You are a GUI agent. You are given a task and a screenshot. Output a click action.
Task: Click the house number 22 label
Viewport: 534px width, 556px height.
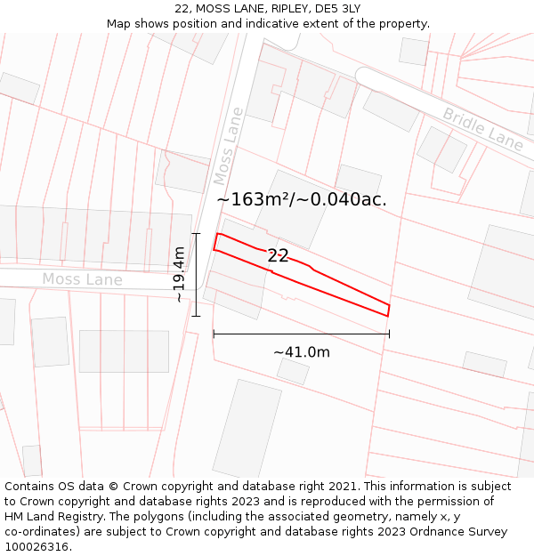coord(278,256)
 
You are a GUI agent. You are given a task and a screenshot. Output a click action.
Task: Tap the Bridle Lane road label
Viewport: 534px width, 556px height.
coord(483,129)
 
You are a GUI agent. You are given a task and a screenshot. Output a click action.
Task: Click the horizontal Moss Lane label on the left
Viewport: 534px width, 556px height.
coord(82,280)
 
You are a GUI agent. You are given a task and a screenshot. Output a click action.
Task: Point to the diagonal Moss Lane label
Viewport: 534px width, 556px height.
coord(228,143)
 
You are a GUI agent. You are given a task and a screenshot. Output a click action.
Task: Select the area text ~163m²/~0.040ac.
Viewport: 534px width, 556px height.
coord(302,200)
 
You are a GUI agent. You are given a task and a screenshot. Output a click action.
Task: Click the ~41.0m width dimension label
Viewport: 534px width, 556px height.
coord(302,352)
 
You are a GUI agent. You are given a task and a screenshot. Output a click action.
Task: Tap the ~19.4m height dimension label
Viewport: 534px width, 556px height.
coord(180,275)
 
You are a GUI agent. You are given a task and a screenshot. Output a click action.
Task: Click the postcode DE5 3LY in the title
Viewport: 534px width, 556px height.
coord(331,9)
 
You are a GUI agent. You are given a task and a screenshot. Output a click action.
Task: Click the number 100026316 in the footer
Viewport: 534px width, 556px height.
coord(36,547)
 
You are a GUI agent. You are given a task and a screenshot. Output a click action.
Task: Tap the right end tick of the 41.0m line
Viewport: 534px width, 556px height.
coord(389,334)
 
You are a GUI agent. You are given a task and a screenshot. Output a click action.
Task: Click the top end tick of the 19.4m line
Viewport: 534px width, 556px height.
coord(196,234)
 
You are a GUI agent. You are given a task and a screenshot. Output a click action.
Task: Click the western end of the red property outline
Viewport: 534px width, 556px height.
coord(214,243)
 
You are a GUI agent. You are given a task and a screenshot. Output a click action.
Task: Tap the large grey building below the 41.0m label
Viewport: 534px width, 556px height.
coord(247,429)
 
